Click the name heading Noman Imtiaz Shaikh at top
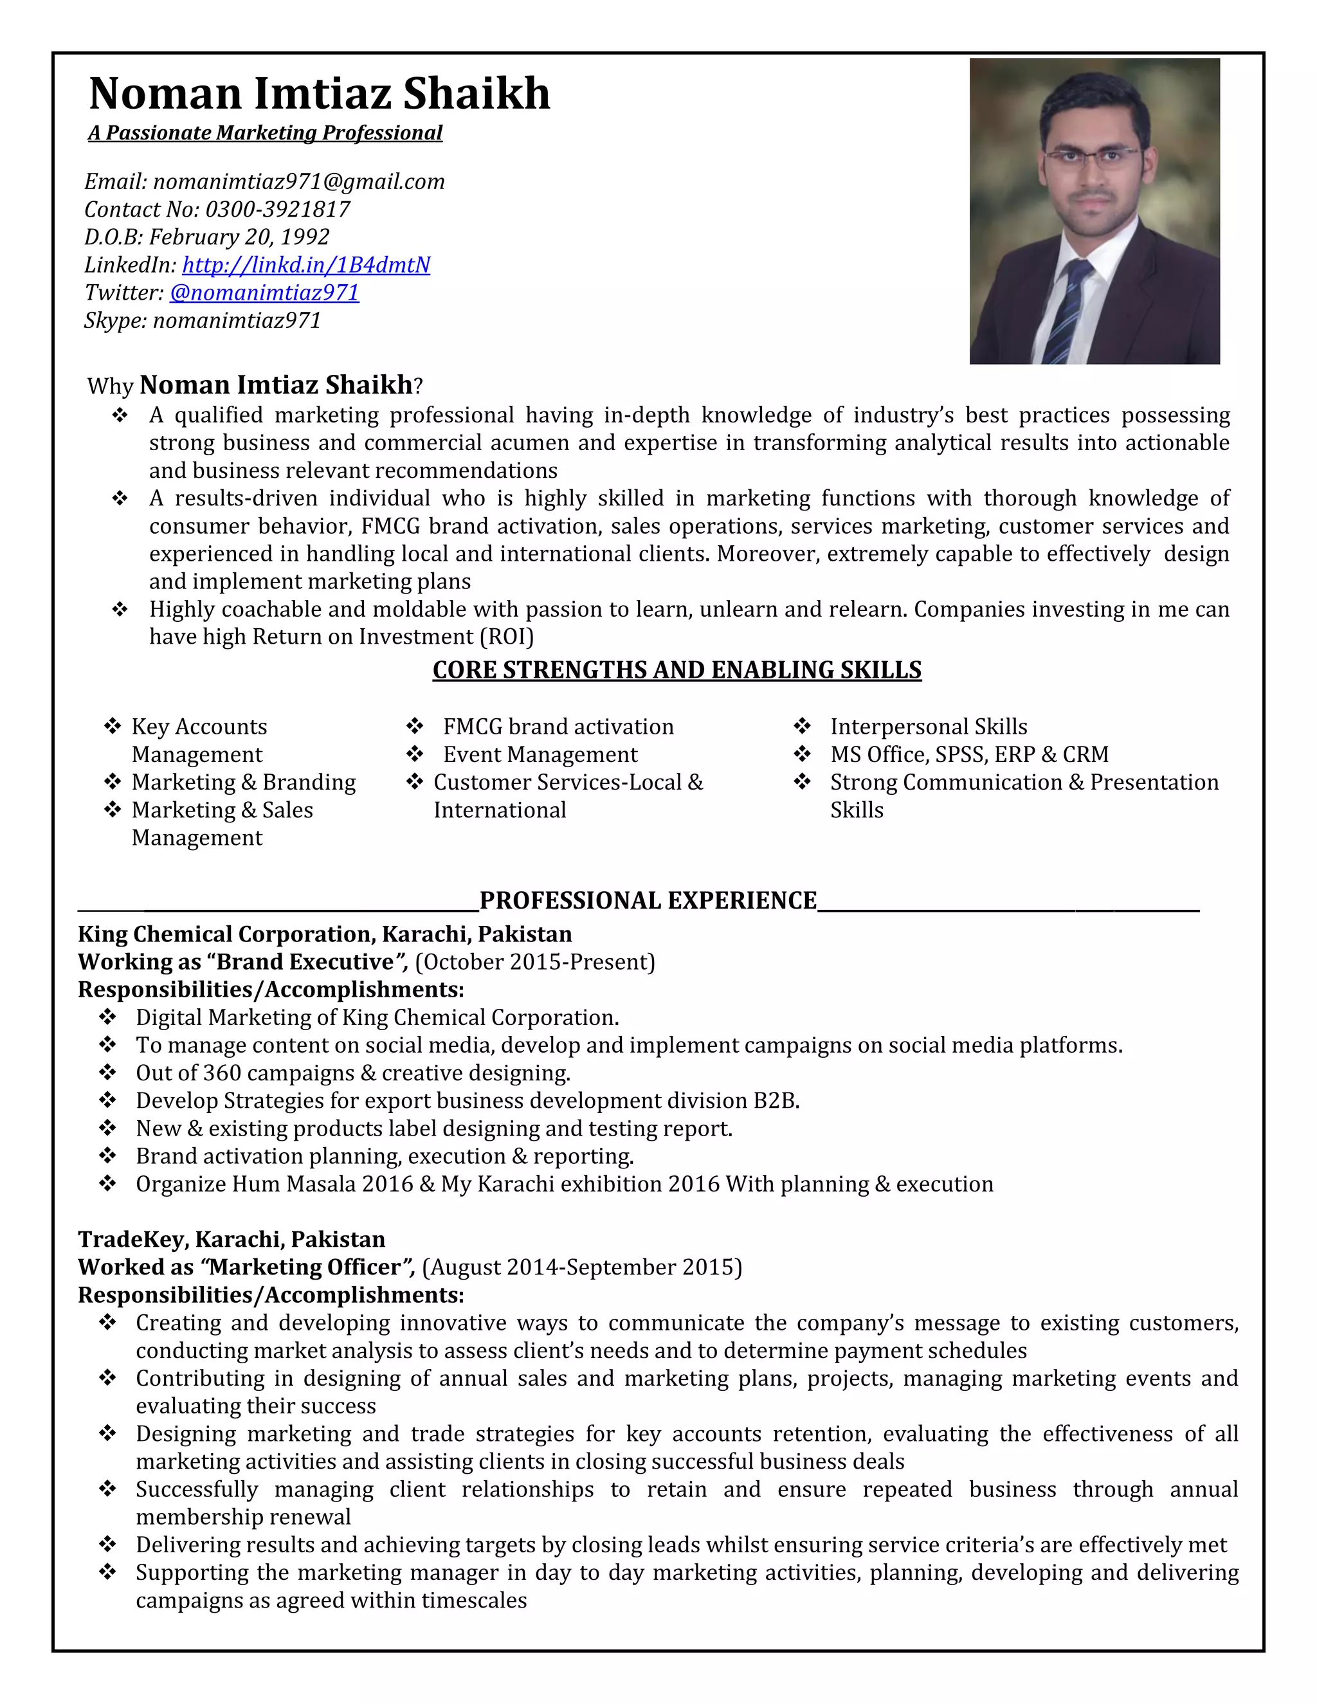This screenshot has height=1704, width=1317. [319, 94]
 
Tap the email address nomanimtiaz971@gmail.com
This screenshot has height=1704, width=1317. [299, 182]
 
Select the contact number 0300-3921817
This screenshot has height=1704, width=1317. [277, 209]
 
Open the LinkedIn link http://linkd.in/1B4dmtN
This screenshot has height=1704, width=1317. [306, 266]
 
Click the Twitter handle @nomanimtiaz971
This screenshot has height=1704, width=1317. [264, 293]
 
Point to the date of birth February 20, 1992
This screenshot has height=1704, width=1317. [239, 237]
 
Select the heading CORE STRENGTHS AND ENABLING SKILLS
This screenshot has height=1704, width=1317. [677, 670]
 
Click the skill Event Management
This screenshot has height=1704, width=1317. [540, 754]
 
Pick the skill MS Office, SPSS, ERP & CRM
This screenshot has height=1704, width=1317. [969, 754]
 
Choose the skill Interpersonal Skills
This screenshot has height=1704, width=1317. [929, 727]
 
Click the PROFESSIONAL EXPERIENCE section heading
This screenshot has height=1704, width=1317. [648, 900]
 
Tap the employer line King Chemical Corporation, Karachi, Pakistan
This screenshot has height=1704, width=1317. [325, 934]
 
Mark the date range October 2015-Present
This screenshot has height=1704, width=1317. [535, 962]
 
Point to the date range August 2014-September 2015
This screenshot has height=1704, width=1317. [582, 1267]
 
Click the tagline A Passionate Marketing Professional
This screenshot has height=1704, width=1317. [266, 133]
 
